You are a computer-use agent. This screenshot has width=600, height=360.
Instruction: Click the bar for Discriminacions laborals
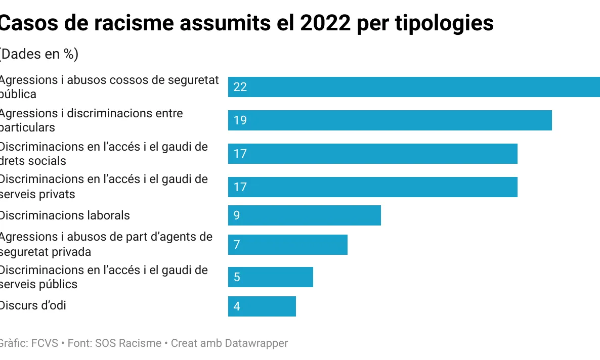[x=304, y=215]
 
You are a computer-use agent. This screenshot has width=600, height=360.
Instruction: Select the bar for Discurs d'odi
[x=262, y=306]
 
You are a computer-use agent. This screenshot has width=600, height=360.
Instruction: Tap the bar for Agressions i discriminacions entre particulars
[x=390, y=120]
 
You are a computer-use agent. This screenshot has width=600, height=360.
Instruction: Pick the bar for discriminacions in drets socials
[x=372, y=154]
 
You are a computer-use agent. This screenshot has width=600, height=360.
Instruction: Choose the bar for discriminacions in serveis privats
[x=372, y=187]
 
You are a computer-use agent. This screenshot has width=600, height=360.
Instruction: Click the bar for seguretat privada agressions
[x=287, y=245]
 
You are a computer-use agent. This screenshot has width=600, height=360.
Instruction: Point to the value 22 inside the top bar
[x=240, y=87]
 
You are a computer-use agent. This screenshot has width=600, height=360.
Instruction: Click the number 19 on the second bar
[x=240, y=120]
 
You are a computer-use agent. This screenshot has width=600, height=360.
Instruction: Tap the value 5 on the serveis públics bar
[x=237, y=277]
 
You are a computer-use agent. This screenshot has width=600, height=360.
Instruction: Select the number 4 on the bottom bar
[x=237, y=306]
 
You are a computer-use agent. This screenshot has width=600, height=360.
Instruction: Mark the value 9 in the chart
[x=237, y=215]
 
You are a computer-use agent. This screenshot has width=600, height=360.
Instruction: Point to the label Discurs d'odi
[x=32, y=305]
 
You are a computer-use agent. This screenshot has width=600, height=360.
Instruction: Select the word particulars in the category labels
[x=27, y=127]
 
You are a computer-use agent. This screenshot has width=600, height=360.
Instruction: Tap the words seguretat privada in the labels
[x=46, y=251]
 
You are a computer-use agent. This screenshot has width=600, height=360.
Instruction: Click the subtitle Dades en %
[x=38, y=54]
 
